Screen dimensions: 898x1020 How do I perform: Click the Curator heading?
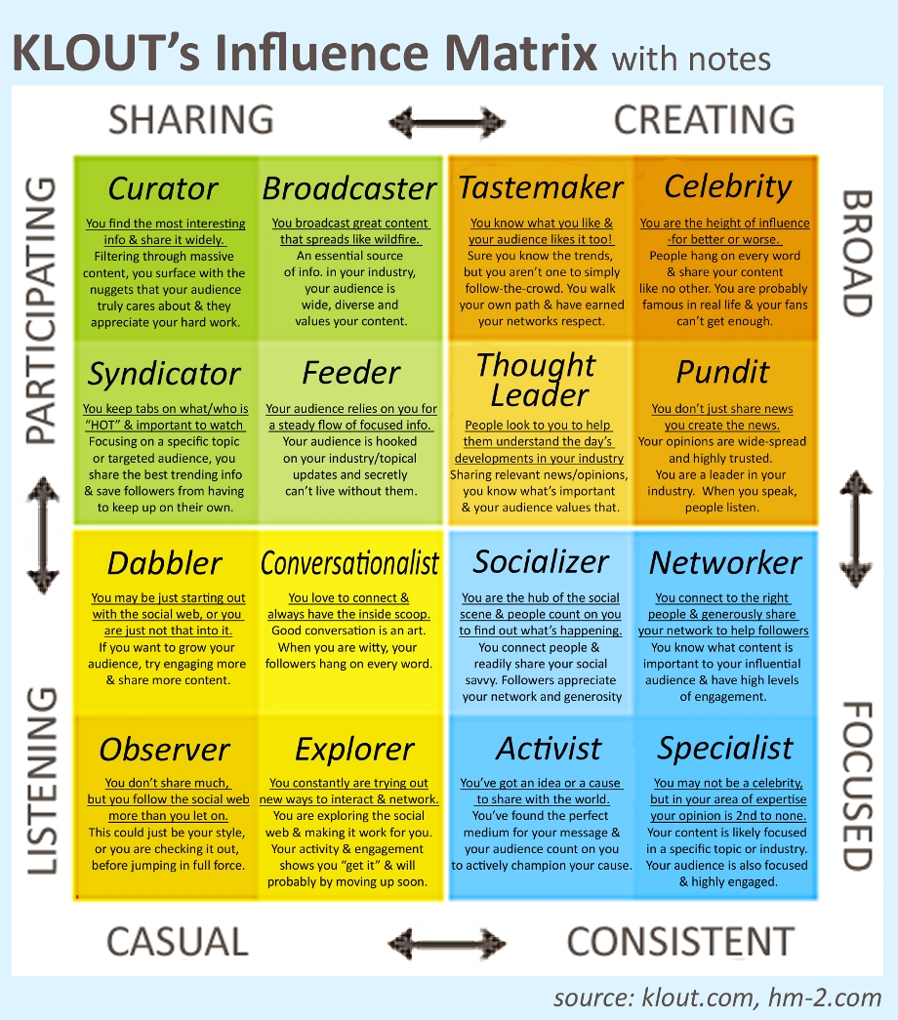point(163,188)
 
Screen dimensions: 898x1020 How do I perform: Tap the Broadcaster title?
point(349,188)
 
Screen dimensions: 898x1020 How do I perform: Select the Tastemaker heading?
point(541,187)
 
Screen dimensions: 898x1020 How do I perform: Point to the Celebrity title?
point(728,187)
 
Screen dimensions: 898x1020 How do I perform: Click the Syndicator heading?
point(164,374)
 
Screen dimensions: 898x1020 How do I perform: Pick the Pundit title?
point(722,372)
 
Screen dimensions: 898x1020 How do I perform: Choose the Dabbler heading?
point(165,562)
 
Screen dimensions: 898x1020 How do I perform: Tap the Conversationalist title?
point(350,562)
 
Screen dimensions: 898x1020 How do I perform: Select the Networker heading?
point(725,562)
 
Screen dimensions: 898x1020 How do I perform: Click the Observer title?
point(165,750)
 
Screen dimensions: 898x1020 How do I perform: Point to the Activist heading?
point(549,749)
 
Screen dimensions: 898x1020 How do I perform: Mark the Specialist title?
point(725,749)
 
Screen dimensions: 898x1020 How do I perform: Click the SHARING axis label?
point(191,120)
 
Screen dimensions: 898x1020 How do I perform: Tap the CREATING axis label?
point(705,120)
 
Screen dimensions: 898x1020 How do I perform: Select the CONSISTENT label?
point(680,941)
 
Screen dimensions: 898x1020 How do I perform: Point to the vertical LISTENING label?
point(42,781)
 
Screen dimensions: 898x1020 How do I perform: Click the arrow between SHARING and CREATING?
point(446,123)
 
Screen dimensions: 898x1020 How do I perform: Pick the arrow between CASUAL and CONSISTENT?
point(446,943)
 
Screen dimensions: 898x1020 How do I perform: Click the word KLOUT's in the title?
point(106,54)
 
